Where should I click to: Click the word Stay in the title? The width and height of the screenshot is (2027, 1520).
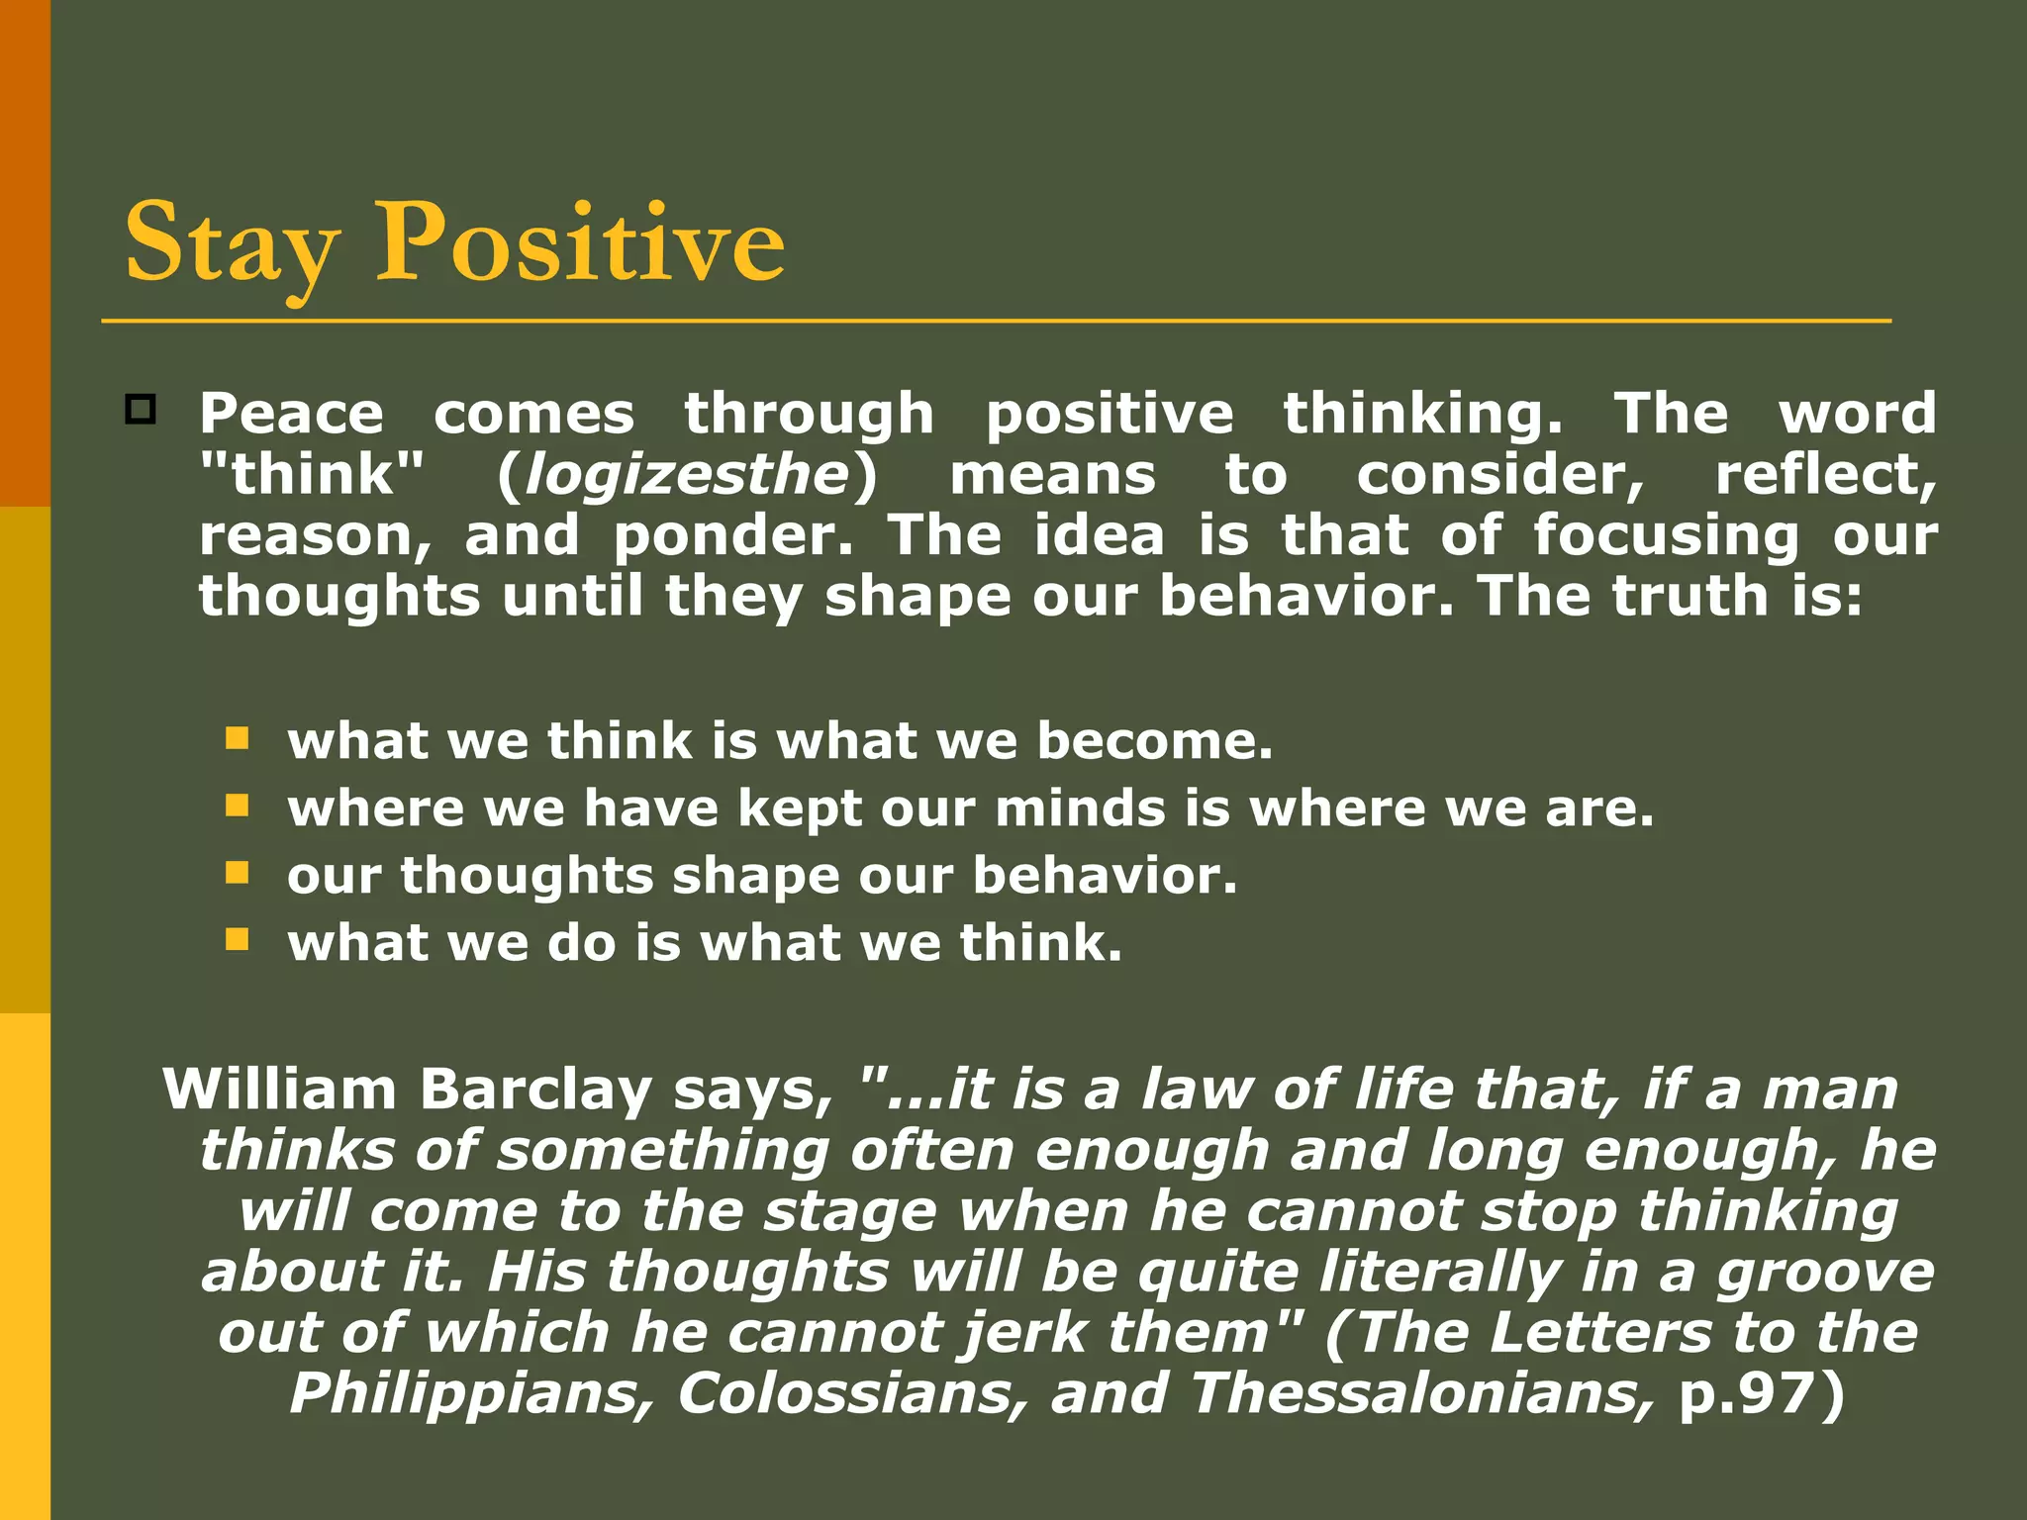tap(230, 244)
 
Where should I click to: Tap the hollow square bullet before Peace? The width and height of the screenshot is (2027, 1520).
tap(141, 409)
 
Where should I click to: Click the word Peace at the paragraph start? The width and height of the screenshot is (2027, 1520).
tap(291, 414)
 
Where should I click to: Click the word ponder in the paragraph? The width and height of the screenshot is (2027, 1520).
tap(731, 536)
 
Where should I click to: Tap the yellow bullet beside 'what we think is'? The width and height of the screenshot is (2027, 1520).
tap(237, 738)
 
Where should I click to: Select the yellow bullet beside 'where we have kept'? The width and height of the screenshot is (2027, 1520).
tap(237, 806)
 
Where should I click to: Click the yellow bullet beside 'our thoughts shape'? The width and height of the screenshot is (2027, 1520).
tap(237, 873)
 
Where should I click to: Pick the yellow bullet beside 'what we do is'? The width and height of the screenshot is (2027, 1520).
tap(237, 939)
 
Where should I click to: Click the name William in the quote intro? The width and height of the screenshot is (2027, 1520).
tap(279, 1090)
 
